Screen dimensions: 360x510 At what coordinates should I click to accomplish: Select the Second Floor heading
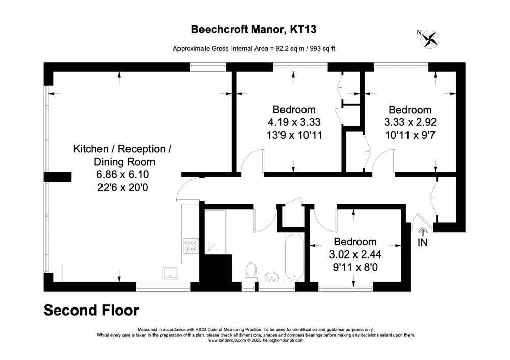point(91,310)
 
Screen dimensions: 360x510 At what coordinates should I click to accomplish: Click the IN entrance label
point(423,243)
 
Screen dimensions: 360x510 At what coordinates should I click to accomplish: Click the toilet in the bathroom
point(250,270)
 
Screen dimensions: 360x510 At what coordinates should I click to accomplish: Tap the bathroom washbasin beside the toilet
point(272,277)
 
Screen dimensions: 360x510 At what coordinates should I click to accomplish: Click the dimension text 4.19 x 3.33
point(294,122)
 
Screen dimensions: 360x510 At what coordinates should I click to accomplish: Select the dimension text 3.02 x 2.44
point(355,254)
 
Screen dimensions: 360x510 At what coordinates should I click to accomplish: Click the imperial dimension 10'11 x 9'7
point(410,135)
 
